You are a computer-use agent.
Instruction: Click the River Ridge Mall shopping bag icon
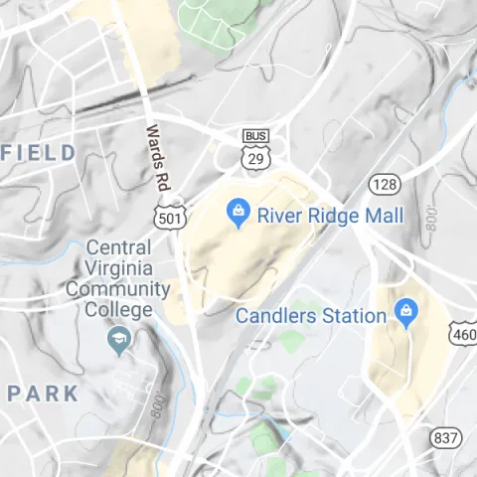click(x=238, y=213)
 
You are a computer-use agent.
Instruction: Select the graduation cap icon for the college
click(x=119, y=341)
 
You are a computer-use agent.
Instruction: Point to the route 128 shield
click(x=384, y=184)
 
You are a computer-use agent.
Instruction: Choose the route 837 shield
click(x=446, y=437)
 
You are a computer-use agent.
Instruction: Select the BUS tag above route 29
click(x=254, y=135)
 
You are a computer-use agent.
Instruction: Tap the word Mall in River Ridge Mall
click(x=384, y=216)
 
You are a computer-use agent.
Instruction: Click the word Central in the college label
click(x=119, y=247)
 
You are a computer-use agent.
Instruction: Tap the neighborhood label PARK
click(x=43, y=393)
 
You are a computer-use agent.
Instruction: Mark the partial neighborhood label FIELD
click(x=40, y=152)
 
